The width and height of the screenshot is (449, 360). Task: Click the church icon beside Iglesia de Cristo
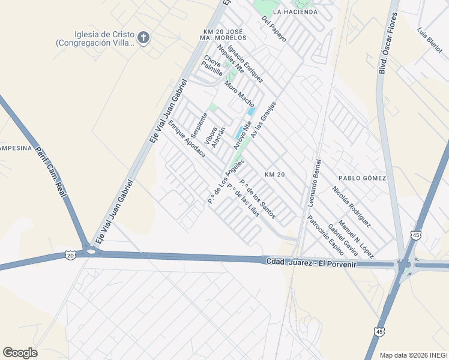(x=143, y=38)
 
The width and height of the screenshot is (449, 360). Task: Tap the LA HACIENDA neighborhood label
(x=295, y=11)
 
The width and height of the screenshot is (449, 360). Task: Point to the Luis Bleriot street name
(x=430, y=40)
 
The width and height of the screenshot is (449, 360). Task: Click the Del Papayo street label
(x=274, y=29)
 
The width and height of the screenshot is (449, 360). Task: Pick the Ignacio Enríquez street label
(x=246, y=66)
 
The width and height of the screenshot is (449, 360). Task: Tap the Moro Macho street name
(x=240, y=94)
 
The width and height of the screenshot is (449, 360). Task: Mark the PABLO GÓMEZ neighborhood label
(x=362, y=178)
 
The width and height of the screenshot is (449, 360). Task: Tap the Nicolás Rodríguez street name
(x=351, y=206)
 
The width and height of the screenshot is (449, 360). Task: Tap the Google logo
(x=20, y=353)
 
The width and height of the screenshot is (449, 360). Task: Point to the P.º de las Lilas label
(x=243, y=204)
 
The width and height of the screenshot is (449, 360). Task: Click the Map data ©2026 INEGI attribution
(x=412, y=355)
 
